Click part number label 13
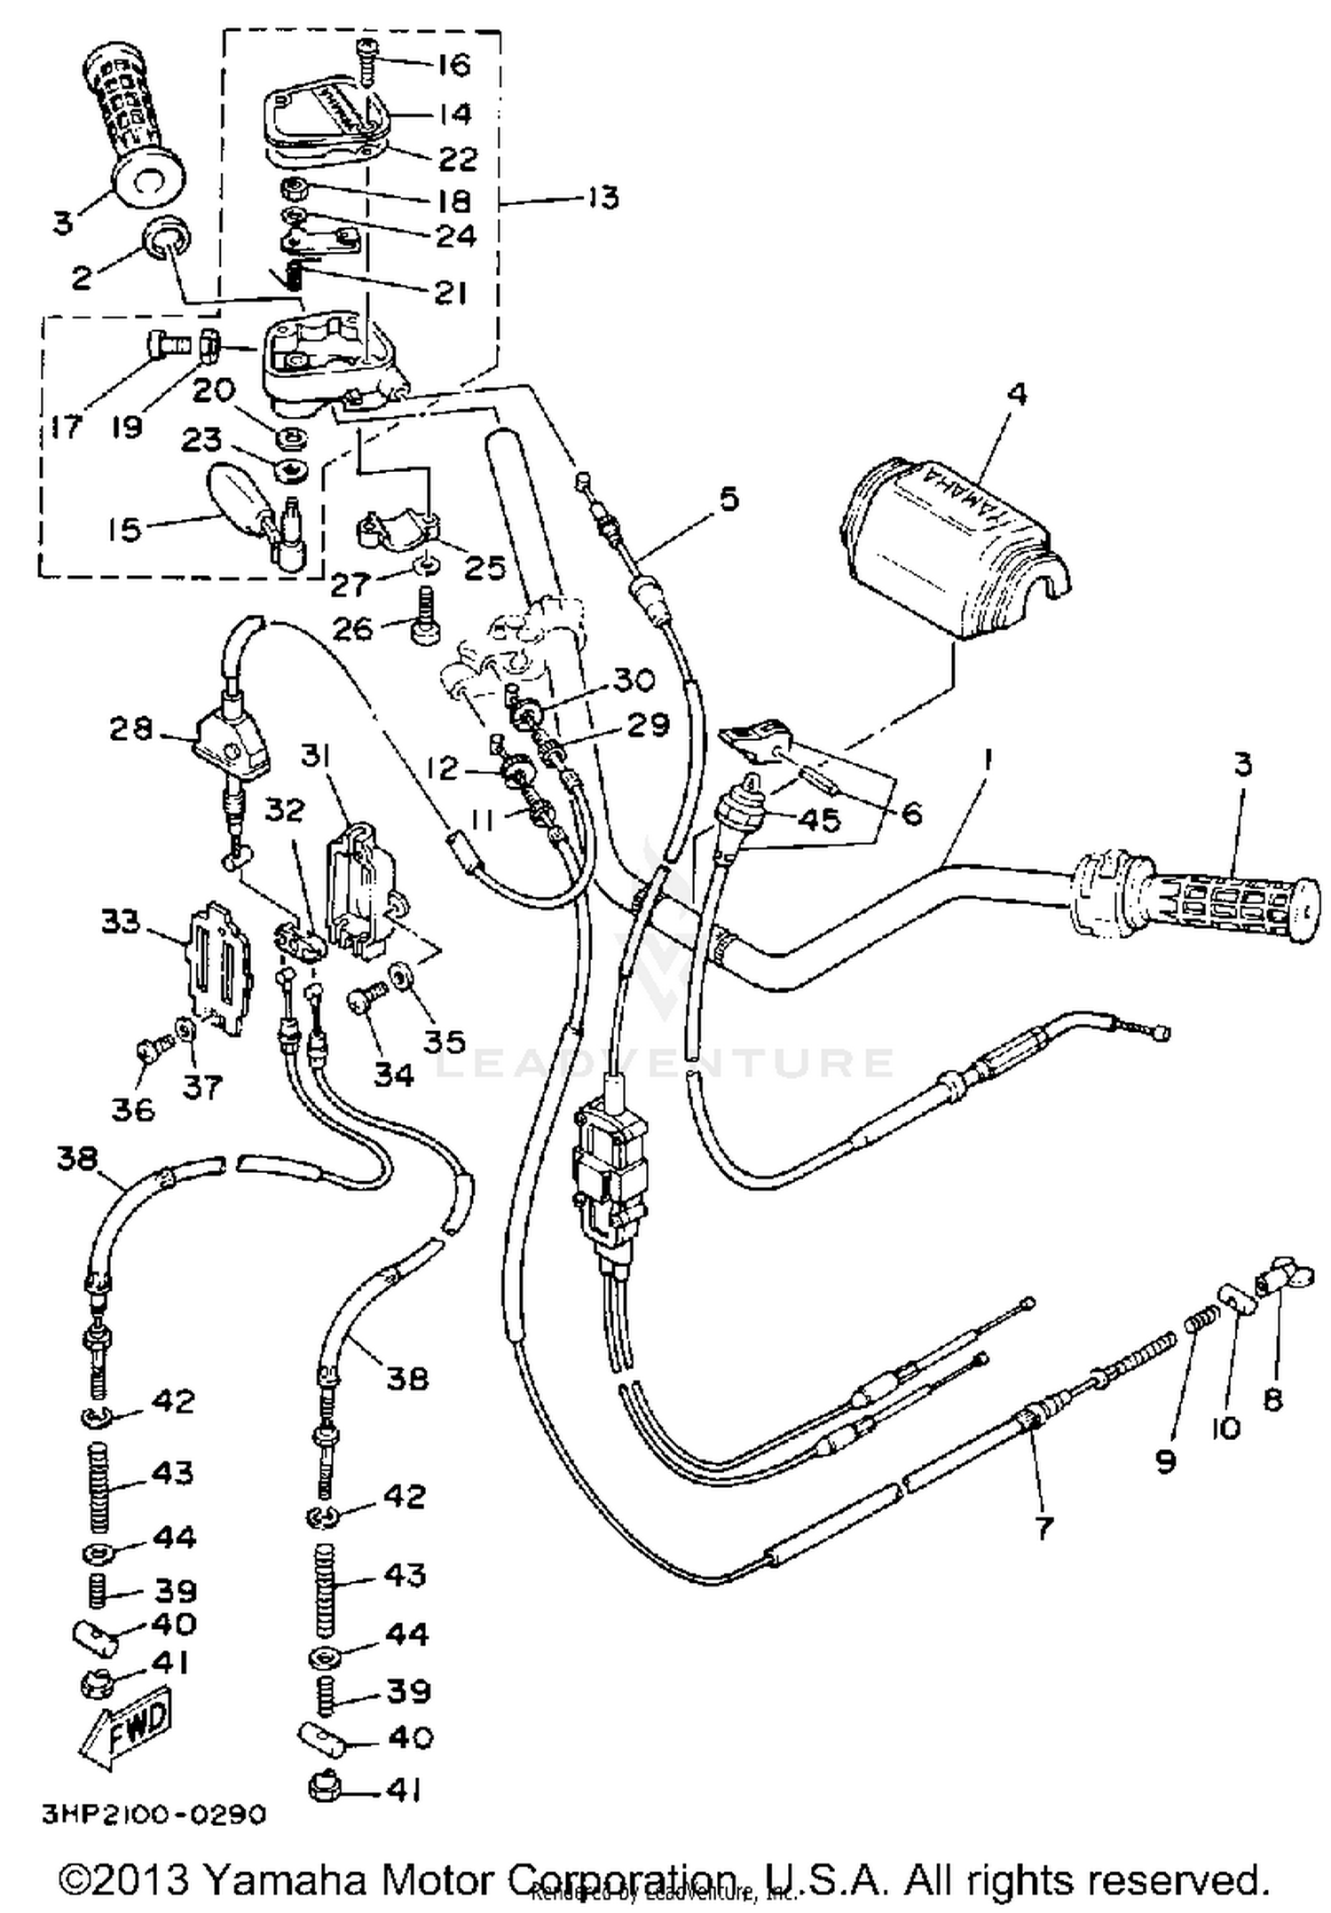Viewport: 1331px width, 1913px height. tap(602, 197)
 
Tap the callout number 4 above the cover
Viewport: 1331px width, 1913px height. tap(1018, 393)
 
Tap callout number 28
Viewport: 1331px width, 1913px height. tap(131, 729)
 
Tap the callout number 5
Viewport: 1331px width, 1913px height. tap(728, 499)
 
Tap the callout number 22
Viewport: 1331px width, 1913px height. tap(457, 159)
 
